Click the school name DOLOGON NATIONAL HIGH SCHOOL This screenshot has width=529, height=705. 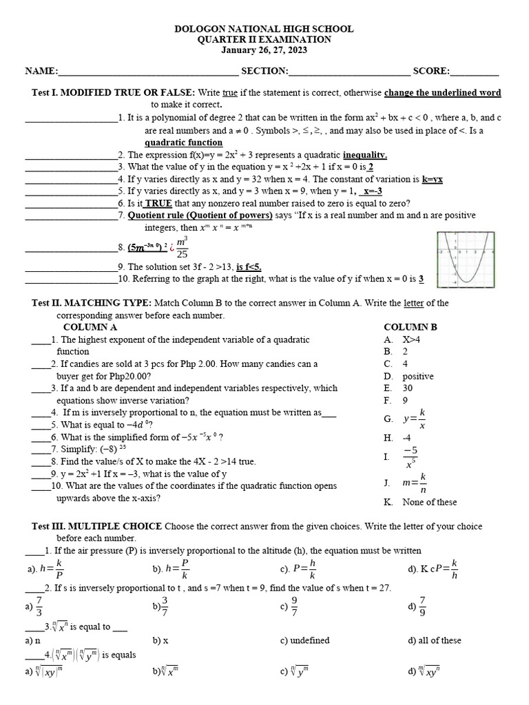264,29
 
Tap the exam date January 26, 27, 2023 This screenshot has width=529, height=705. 264,50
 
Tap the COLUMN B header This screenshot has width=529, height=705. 411,327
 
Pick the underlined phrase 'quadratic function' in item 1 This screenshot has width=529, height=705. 183,143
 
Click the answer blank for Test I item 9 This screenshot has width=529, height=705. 71,267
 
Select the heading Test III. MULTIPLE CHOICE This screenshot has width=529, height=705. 97,527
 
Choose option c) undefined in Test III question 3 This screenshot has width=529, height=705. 304,640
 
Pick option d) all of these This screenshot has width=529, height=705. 435,640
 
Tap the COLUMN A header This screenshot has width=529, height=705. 90,327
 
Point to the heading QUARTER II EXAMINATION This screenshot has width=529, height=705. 264,40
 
